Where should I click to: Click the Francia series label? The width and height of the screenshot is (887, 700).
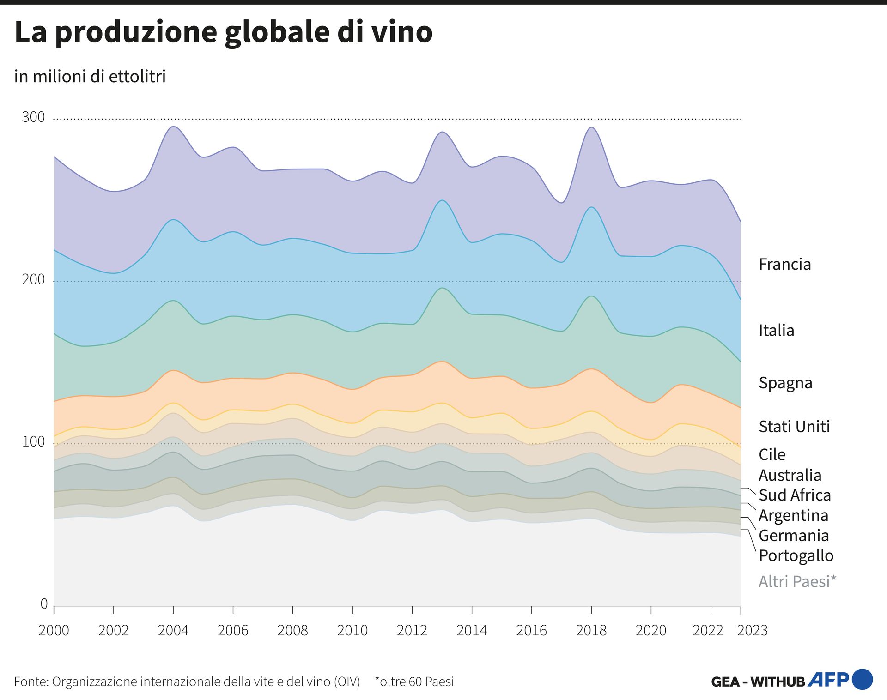pos(784,264)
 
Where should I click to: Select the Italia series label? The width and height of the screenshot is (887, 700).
pos(776,330)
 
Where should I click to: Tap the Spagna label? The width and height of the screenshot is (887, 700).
pos(785,383)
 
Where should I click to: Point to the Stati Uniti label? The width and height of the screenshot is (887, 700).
pos(794,426)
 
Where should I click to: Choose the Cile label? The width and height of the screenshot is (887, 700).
pos(772,454)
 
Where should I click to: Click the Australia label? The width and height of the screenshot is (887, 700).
pos(790,475)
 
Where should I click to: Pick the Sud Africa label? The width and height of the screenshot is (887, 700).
pos(794,495)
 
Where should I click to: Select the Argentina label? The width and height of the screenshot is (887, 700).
pos(793,515)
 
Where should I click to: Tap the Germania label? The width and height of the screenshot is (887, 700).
pos(793,536)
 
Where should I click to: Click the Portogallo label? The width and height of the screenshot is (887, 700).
pos(796,555)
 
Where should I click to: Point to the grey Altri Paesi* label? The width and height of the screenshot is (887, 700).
pos(797,581)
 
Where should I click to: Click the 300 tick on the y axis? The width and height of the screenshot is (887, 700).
pos(33,117)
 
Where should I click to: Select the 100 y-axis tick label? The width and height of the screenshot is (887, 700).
pos(33,442)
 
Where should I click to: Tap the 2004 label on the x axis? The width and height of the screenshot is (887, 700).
pos(173,630)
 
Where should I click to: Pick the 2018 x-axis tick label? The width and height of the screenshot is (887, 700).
pos(591,630)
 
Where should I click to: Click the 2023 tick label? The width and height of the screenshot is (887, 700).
pos(752,630)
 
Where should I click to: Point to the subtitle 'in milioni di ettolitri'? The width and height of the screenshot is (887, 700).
pos(90,76)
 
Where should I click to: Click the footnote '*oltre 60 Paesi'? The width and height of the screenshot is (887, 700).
pos(414,682)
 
